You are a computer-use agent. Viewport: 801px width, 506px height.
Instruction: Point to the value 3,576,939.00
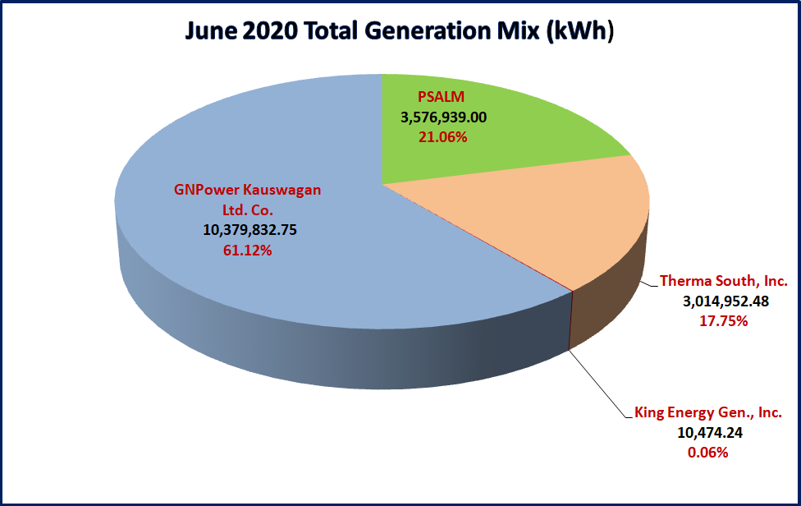pyautogui.click(x=444, y=118)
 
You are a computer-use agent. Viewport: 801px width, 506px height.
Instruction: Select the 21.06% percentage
pyautogui.click(x=443, y=137)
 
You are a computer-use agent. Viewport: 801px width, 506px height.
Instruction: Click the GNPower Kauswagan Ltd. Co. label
pyautogui.click(x=247, y=200)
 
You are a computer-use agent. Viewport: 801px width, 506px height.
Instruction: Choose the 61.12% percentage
pyautogui.click(x=247, y=250)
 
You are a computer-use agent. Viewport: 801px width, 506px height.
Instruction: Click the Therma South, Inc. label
pyautogui.click(x=724, y=282)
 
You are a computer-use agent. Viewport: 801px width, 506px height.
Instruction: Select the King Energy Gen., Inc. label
pyautogui.click(x=707, y=412)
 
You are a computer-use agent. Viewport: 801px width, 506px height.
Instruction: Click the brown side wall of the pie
pyautogui.click(x=607, y=304)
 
